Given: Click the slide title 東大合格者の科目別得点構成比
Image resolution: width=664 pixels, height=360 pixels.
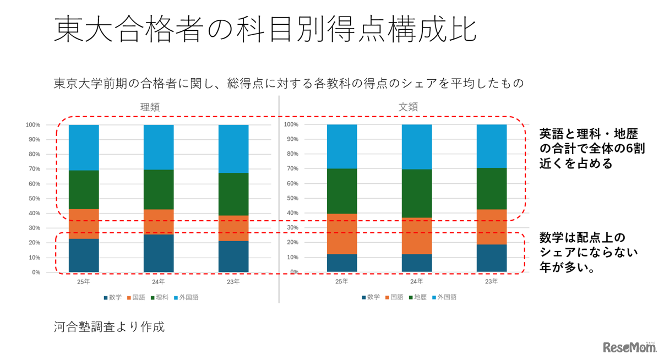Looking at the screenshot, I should point(265,29).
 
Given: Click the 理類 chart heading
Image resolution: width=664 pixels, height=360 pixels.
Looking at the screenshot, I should point(150,107).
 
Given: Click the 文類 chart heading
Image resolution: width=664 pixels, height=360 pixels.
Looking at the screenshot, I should point(408,107).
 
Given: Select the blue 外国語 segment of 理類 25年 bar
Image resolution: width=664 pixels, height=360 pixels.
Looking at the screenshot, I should point(84,148).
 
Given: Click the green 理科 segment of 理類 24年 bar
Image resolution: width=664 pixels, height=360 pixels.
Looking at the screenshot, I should point(159,189).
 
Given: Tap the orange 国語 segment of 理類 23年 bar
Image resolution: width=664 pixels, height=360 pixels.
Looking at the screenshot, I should point(233,228).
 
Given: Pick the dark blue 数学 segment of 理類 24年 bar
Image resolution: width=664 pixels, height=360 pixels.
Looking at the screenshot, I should point(159,253).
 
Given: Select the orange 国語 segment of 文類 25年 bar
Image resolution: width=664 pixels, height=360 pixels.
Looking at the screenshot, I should point(342,234).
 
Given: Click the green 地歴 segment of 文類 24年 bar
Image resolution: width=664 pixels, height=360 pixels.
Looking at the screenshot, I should point(417,193).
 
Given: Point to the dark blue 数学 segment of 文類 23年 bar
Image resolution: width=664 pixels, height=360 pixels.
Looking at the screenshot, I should point(491,258).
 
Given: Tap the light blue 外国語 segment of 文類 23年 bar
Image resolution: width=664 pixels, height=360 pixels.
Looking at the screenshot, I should point(491,146).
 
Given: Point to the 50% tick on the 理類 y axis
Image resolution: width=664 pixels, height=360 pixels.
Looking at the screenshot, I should point(33,199).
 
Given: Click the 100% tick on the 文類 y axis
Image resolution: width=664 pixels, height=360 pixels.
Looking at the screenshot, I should point(291,124).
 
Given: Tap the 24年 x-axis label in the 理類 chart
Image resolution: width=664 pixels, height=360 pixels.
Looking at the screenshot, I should point(159,282).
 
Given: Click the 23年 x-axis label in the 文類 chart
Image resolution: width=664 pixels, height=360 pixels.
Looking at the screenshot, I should point(491,281).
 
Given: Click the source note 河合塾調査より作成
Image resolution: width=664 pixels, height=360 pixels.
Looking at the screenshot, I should point(110,326).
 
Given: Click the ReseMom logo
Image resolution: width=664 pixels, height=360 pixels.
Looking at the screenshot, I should point(629,347).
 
